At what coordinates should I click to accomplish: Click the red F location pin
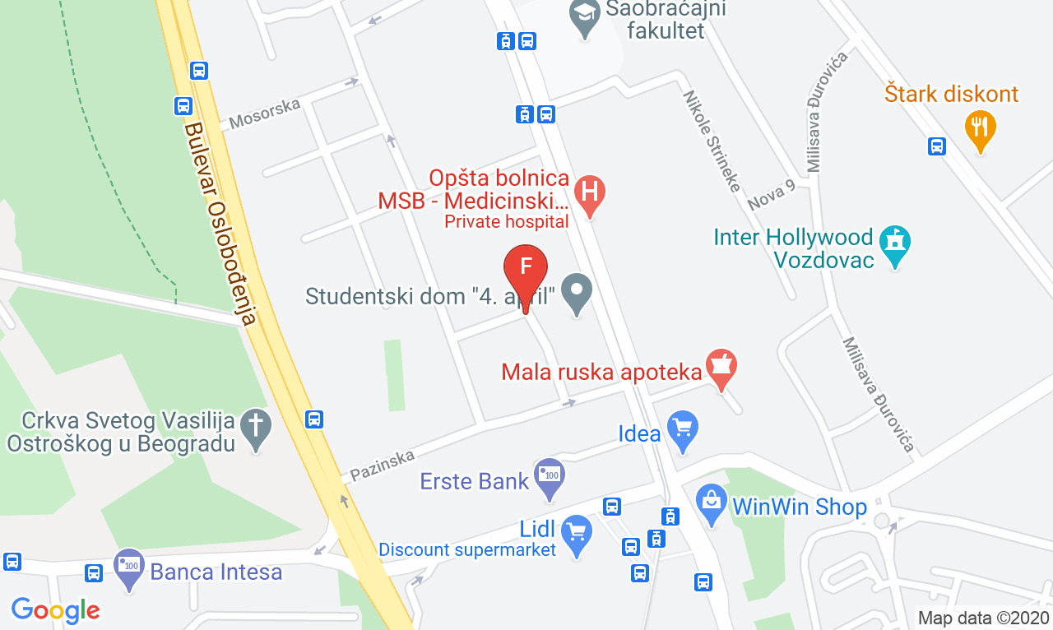[525, 269]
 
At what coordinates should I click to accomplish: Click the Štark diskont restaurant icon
[980, 127]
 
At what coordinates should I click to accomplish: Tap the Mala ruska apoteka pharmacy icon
[721, 367]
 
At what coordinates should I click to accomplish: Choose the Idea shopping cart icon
[682, 428]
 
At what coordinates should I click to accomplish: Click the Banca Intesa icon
[129, 567]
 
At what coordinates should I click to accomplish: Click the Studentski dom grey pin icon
[577, 291]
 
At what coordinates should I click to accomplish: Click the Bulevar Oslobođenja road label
[222, 222]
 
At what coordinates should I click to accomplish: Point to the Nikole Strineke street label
[712, 141]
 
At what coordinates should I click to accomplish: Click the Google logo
[56, 610]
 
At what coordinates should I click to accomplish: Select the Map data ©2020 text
[983, 618]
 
